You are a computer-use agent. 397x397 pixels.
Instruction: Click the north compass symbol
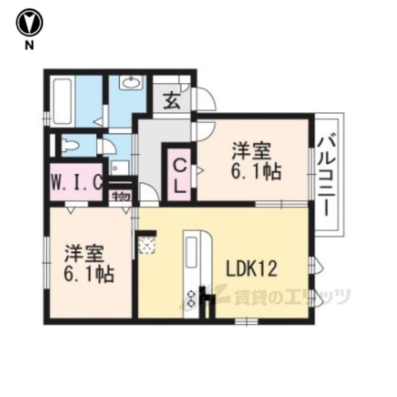29,23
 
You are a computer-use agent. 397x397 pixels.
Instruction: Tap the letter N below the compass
29,45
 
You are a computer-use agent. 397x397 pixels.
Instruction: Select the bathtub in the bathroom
62,101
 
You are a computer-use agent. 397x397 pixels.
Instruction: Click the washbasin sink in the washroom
131,83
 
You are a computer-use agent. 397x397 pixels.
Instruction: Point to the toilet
71,146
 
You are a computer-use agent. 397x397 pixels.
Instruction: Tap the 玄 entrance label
172,100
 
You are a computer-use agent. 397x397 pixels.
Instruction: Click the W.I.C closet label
77,182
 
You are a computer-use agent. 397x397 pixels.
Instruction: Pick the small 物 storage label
121,196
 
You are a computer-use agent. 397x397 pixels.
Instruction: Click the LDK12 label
251,269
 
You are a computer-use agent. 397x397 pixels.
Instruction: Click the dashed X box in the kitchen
147,246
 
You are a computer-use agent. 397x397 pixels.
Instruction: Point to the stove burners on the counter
192,300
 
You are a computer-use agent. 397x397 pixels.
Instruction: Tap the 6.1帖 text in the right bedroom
256,172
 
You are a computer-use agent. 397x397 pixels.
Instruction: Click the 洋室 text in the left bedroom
84,254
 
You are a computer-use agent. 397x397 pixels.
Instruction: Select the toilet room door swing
109,147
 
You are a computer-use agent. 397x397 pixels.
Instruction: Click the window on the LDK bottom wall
246,321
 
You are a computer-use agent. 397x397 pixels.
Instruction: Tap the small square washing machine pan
120,167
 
